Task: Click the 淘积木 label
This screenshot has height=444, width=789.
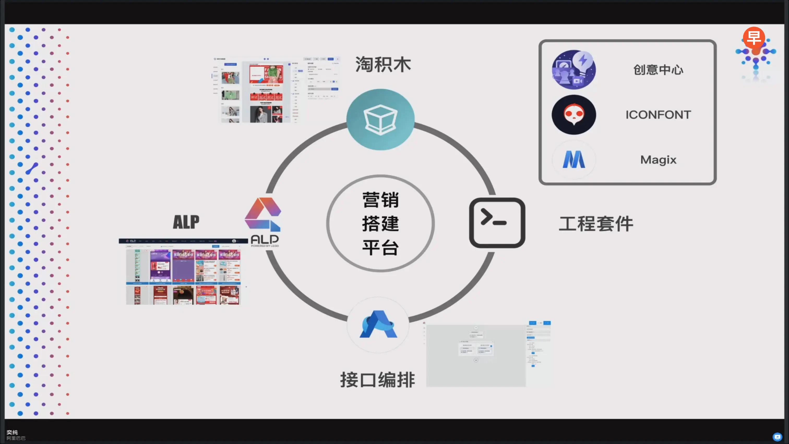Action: tap(383, 65)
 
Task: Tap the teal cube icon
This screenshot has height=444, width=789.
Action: tap(380, 120)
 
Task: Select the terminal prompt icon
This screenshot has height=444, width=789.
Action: tap(497, 223)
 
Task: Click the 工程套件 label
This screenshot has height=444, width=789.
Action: tap(596, 224)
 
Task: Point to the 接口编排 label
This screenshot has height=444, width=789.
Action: tap(377, 380)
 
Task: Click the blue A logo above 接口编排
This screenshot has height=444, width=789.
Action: tap(378, 325)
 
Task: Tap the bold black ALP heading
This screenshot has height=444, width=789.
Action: tap(186, 222)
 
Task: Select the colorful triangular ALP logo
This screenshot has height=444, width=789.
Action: tap(263, 215)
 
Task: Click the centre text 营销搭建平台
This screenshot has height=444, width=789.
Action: tap(380, 223)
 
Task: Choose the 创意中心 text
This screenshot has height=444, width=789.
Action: tap(658, 70)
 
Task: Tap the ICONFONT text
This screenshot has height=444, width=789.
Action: tap(658, 115)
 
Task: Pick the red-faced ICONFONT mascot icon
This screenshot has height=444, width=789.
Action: tap(574, 115)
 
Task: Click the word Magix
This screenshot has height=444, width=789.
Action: tap(658, 160)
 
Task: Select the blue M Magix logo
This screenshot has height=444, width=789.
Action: tap(574, 160)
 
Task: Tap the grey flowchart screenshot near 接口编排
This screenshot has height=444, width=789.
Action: tap(488, 354)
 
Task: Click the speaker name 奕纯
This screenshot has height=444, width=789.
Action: tap(12, 432)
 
